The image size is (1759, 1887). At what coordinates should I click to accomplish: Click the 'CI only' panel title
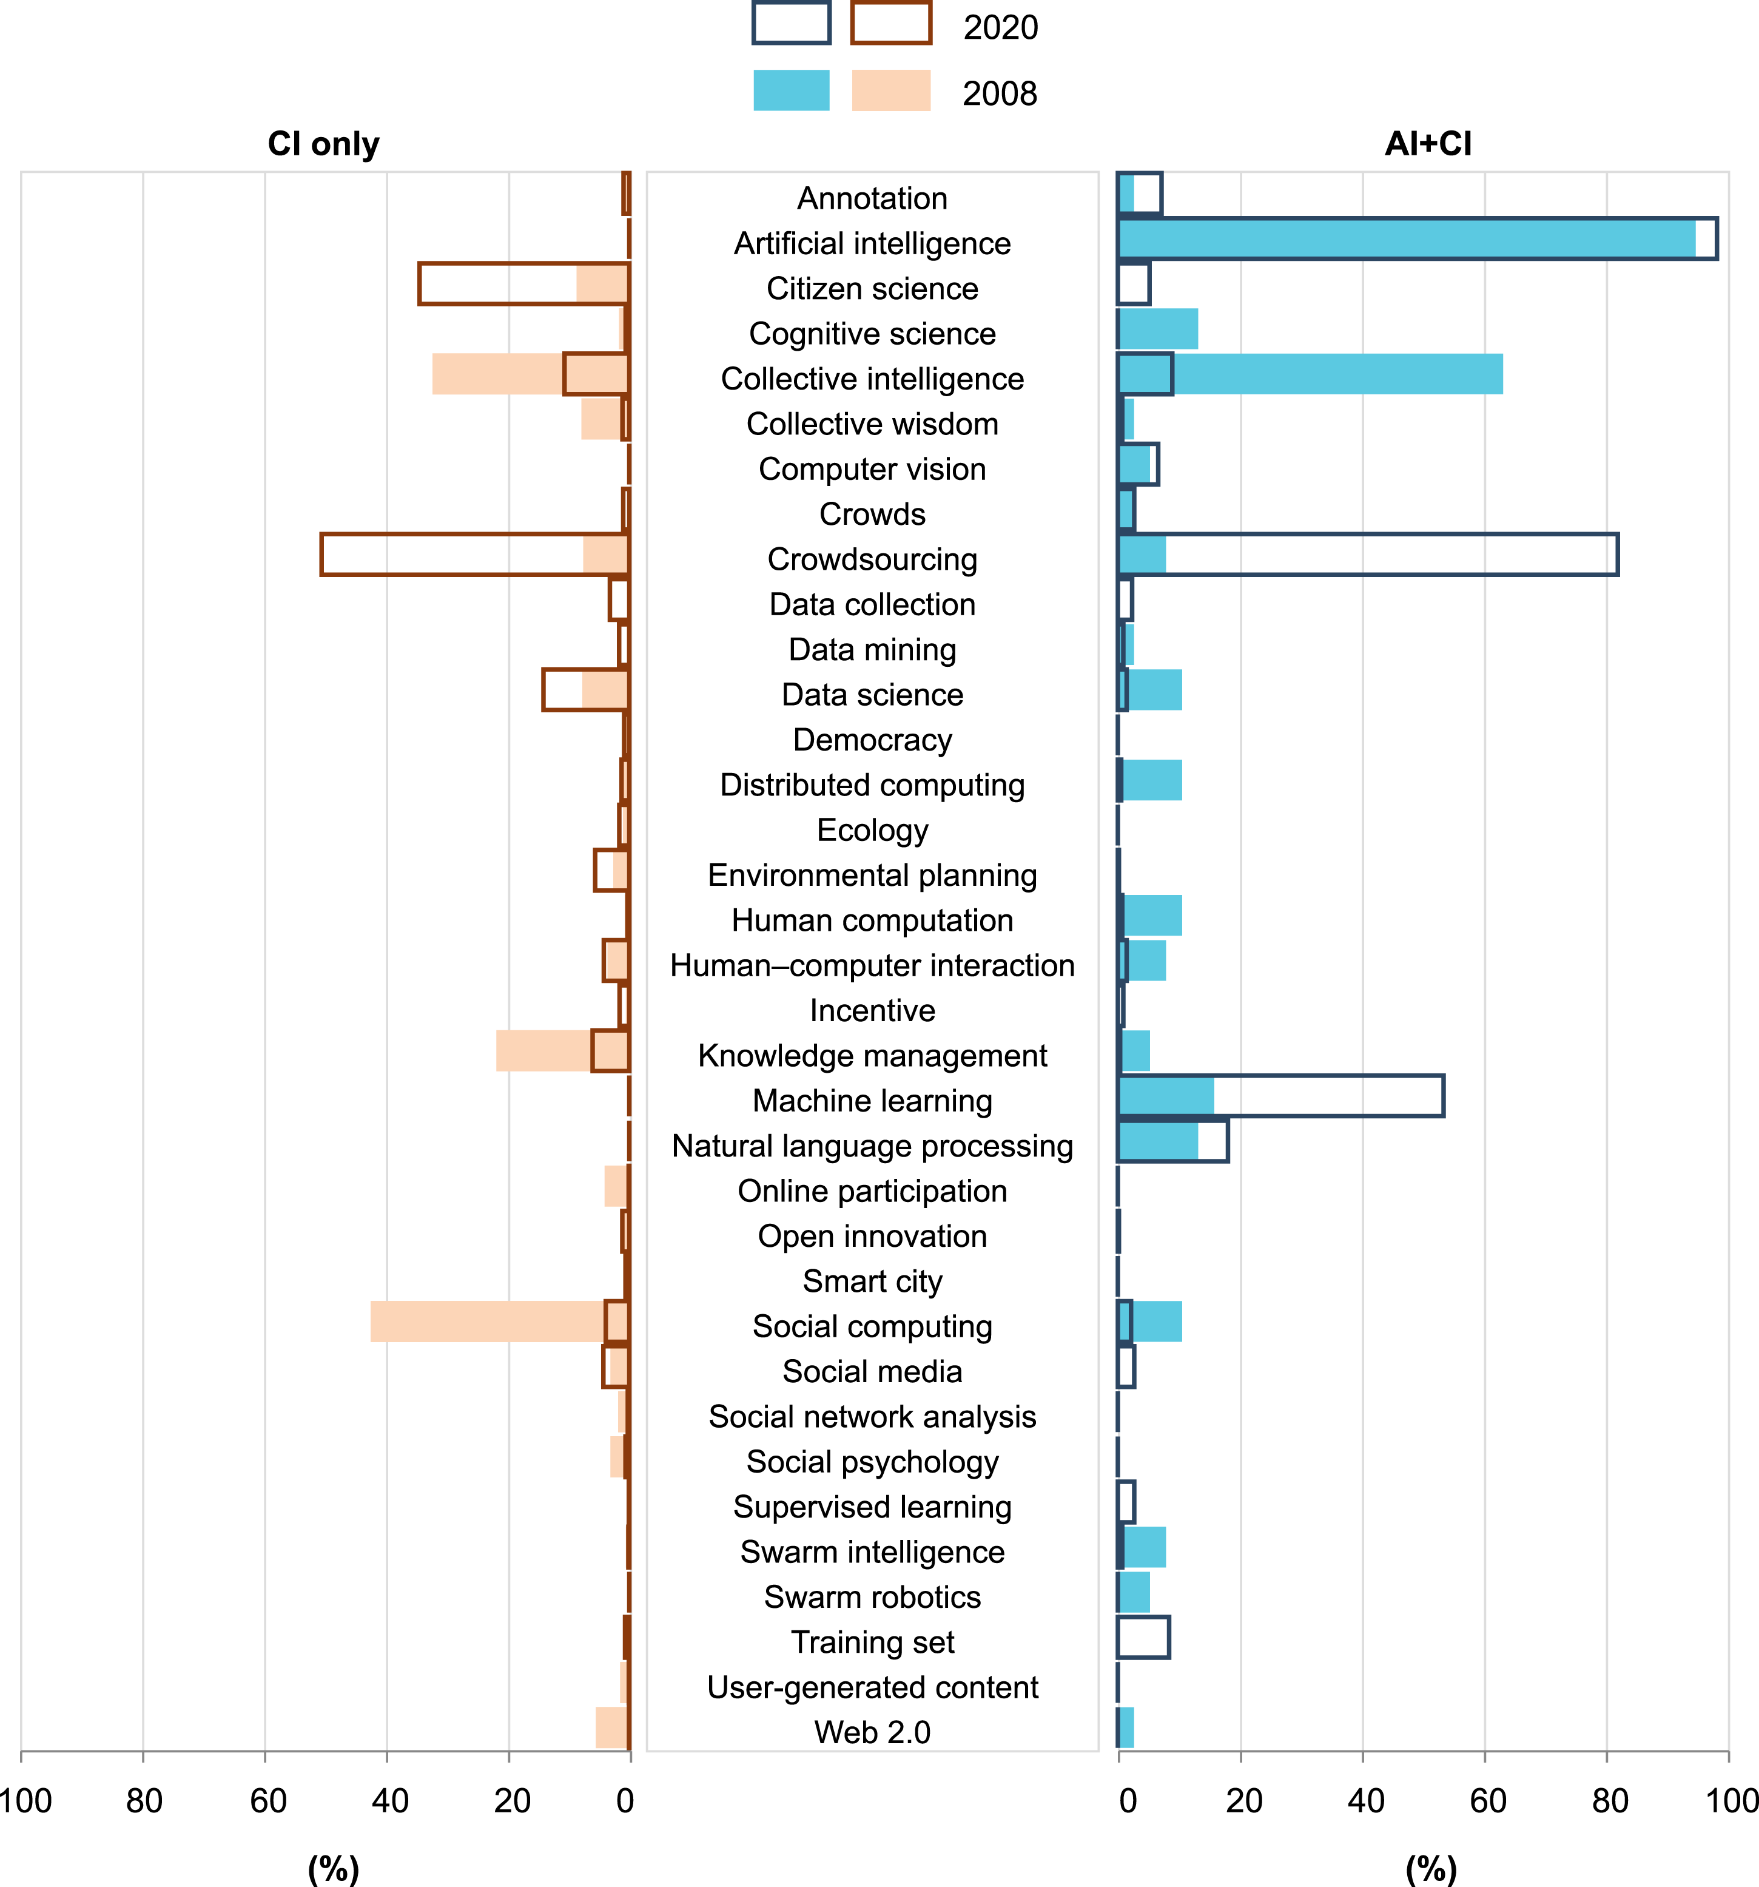[x=323, y=144]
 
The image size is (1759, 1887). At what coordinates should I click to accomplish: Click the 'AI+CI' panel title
[x=1428, y=144]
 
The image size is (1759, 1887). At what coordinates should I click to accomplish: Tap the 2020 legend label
[x=1000, y=27]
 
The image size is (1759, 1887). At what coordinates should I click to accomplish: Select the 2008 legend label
[x=1000, y=94]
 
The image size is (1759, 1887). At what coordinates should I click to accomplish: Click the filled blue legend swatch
[x=792, y=90]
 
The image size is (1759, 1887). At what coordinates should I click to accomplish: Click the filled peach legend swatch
[x=891, y=90]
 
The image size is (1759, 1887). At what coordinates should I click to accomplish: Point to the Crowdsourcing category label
[x=872, y=559]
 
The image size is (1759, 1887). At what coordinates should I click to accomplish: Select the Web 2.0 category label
[x=872, y=1732]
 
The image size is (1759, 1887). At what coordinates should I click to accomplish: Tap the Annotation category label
[x=872, y=198]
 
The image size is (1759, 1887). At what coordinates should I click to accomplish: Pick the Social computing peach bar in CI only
[x=500, y=1322]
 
